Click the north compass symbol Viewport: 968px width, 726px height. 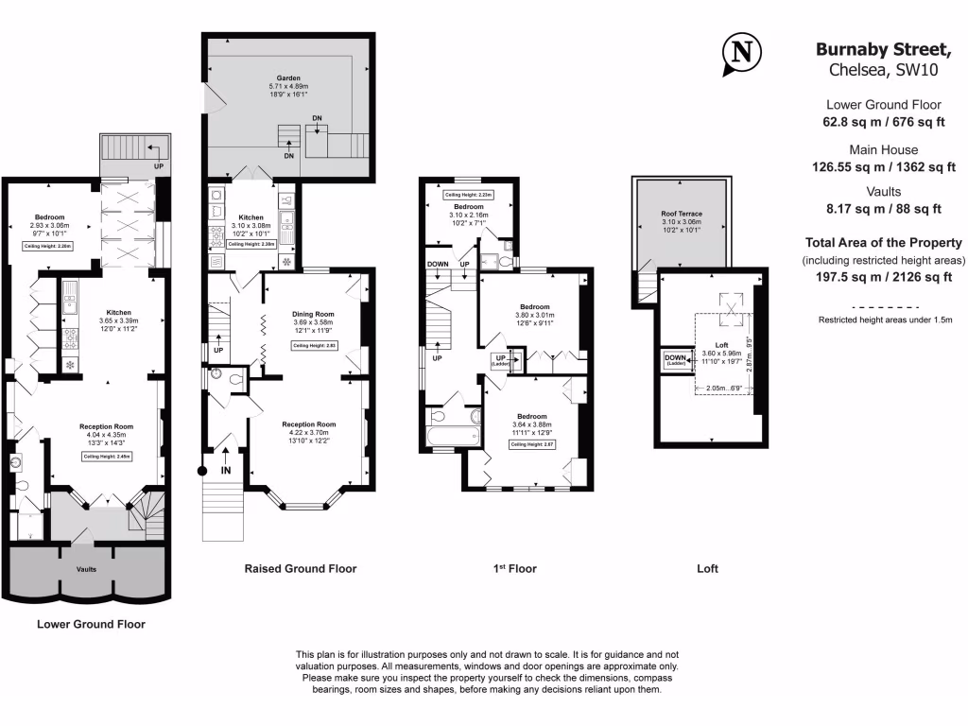point(743,53)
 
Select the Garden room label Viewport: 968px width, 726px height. point(287,78)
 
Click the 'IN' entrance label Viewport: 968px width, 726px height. point(226,470)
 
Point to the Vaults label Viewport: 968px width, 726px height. point(86,570)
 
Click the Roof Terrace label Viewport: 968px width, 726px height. point(683,215)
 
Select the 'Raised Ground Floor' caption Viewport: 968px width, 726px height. point(300,569)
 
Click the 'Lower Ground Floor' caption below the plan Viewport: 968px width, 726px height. point(91,624)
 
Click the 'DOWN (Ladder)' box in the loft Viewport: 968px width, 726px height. point(675,360)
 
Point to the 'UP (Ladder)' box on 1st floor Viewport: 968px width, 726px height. point(501,360)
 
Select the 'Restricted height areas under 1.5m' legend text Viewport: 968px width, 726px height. point(884,320)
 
